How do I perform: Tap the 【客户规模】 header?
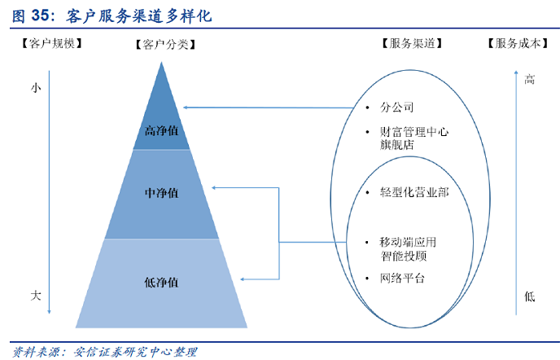tap(51, 44)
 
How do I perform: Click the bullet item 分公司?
tap(396, 108)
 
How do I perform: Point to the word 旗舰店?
tap(396, 145)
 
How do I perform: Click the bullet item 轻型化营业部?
tap(413, 192)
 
